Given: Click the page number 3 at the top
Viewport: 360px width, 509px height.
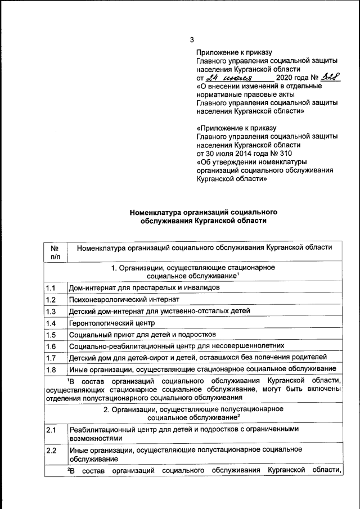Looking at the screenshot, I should (192, 40).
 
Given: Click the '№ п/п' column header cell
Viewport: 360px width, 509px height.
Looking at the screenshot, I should (55, 252).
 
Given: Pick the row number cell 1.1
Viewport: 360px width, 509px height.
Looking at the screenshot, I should (55, 288).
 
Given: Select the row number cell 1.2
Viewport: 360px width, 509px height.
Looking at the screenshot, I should (55, 299).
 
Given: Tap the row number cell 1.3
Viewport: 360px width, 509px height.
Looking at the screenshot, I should (55, 311).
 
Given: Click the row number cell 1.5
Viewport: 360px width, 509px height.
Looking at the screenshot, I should (55, 334).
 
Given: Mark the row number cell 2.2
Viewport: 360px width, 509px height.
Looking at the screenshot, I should (55, 454).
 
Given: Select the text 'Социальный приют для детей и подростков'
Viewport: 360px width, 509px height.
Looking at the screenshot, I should (139, 334).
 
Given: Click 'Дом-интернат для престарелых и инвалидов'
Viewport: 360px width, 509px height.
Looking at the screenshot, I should (144, 288).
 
